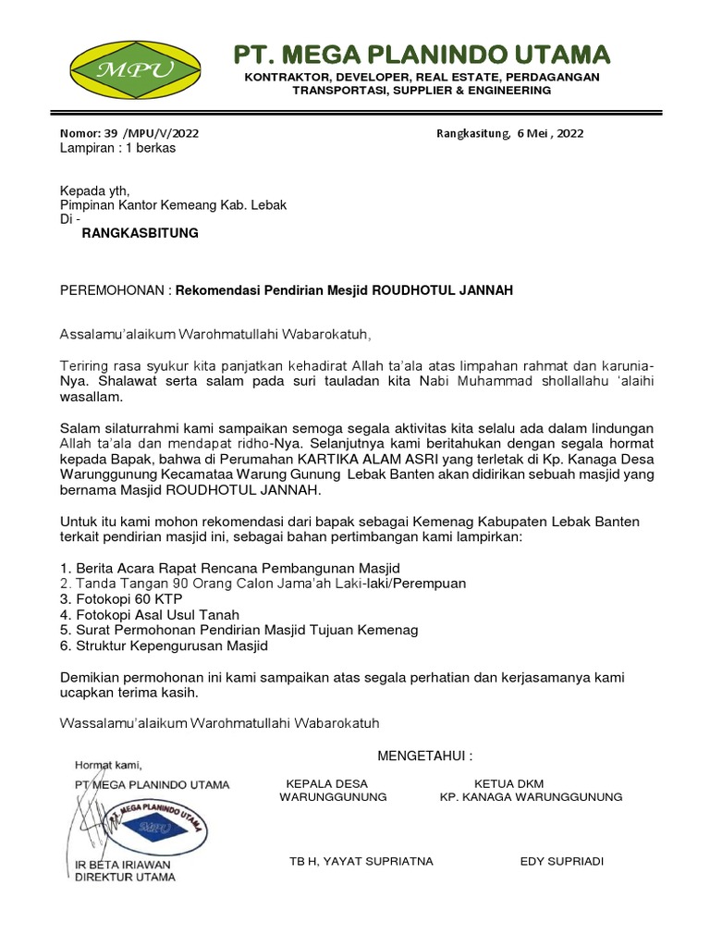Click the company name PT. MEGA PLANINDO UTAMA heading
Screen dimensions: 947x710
click(422, 53)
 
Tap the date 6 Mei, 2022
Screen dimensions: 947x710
click(550, 133)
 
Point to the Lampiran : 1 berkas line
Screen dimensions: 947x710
click(117, 148)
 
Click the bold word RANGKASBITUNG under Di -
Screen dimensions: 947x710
click(141, 234)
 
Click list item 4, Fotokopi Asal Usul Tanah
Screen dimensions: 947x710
click(150, 614)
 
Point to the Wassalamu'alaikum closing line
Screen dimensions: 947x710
click(219, 721)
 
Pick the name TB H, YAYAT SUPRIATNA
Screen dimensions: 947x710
click(361, 862)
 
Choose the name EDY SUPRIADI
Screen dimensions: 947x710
click(562, 862)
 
